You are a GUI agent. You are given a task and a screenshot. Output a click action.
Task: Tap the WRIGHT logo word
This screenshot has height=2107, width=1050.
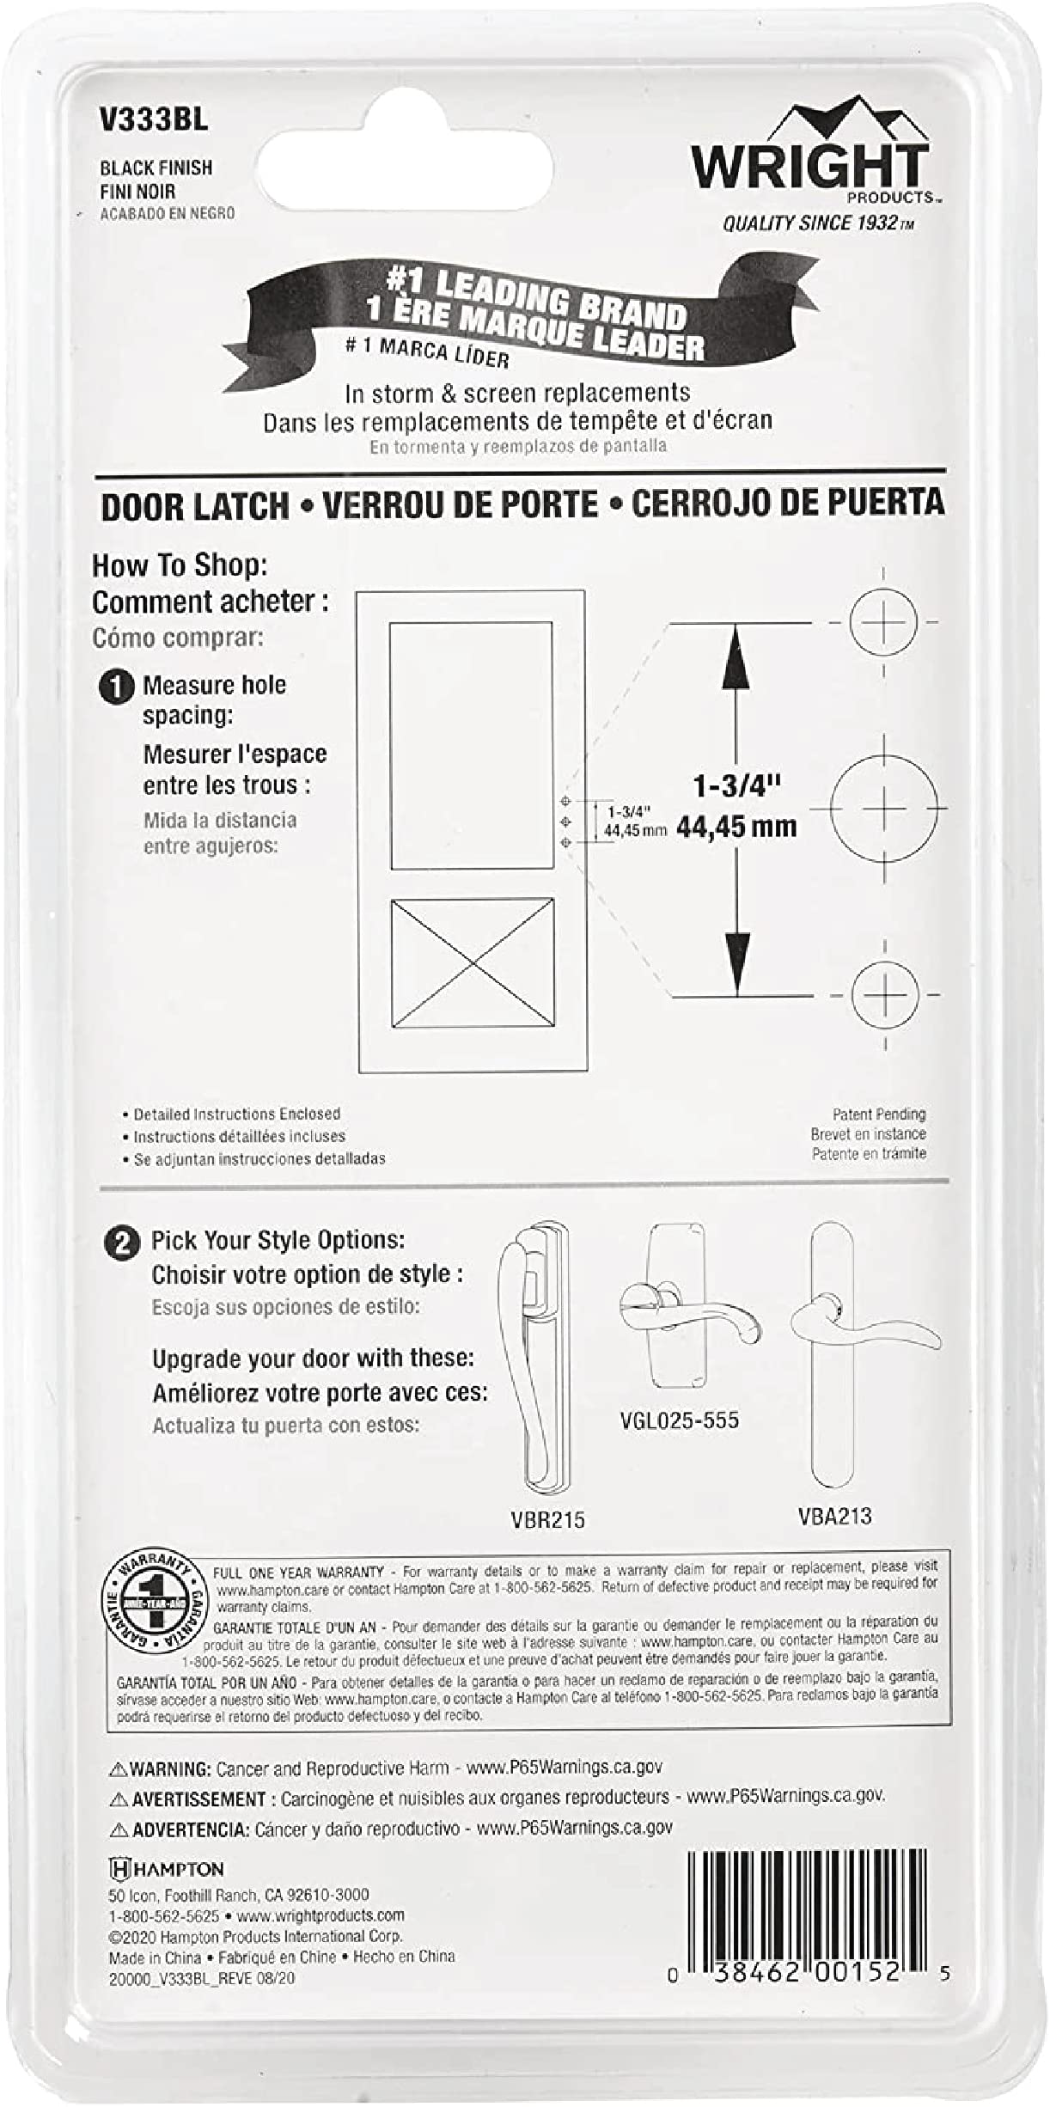pos(810,167)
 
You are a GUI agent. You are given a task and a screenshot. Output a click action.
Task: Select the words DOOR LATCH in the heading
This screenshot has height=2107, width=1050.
pos(195,506)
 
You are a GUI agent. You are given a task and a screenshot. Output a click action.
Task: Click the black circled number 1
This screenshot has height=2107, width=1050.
pos(117,688)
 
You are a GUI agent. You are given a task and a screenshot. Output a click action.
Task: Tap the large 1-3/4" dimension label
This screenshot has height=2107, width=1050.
pos(736,786)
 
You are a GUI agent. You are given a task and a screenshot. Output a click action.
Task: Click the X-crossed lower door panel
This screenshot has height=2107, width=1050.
pos(472,962)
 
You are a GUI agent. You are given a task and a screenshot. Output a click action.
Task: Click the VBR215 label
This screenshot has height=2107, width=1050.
pos(547,1519)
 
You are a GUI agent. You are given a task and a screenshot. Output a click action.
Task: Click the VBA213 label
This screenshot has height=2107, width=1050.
pos(834,1516)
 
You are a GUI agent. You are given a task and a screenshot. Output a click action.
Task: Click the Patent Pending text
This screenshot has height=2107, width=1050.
pos(878,1115)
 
